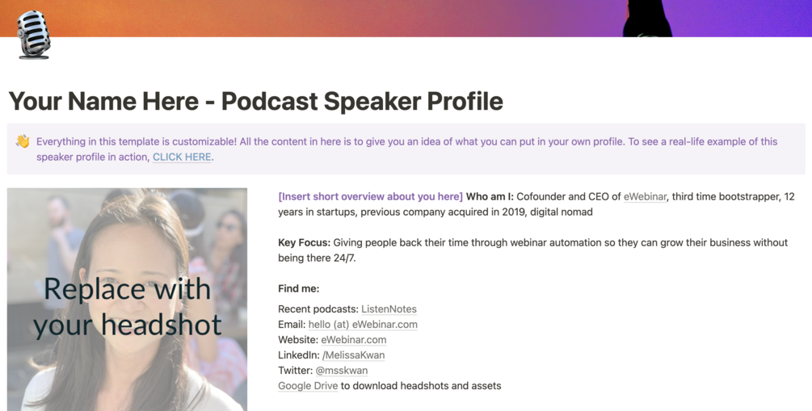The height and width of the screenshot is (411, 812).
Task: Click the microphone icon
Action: (x=33, y=35)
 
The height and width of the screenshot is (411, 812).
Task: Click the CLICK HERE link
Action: (x=182, y=157)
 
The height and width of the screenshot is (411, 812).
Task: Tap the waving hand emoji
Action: (x=23, y=141)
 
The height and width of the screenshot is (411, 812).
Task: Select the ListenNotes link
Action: (x=389, y=308)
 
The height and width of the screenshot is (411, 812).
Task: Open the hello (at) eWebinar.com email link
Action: (x=363, y=324)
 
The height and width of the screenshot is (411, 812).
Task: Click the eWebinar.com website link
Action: (x=353, y=339)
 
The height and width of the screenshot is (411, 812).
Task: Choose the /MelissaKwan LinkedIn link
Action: (x=353, y=354)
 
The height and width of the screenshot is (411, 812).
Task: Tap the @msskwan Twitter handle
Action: (x=341, y=370)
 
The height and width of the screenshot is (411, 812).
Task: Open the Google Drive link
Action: (x=308, y=385)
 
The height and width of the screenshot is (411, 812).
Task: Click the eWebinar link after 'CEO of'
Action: (x=645, y=196)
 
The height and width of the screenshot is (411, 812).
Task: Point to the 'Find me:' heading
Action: (x=298, y=288)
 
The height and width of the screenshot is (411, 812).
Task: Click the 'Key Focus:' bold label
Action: (x=304, y=242)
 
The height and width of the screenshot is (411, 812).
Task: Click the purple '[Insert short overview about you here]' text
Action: (x=370, y=196)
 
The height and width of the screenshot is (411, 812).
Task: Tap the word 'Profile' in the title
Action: (x=465, y=101)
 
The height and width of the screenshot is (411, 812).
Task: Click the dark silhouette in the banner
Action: (x=647, y=18)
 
